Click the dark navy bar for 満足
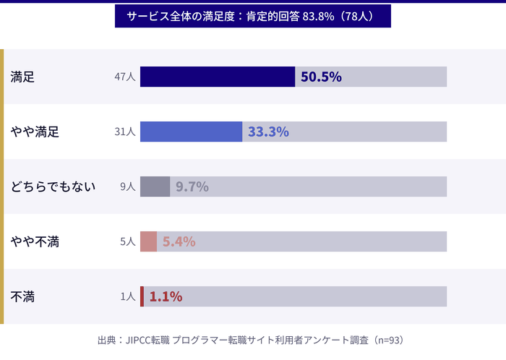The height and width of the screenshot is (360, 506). point(218,77)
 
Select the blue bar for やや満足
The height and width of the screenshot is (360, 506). point(191,132)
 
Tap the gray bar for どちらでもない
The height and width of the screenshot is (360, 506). point(155,187)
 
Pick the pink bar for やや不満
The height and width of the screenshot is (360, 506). point(148,241)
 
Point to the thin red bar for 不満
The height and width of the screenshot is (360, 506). point(142,296)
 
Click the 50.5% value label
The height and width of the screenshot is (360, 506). point(321,77)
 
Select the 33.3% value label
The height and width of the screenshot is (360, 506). point(268,132)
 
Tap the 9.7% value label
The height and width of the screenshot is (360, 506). point(192,187)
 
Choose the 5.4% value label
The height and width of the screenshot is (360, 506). point(179,241)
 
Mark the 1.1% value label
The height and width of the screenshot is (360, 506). point(166,296)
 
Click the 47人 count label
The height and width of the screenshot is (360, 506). point(124,77)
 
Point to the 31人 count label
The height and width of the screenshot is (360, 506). point(124,132)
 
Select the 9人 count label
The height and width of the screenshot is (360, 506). point(127,187)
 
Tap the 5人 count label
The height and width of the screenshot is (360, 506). point(127,241)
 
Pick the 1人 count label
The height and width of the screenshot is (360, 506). point(127,296)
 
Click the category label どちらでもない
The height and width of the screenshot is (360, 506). point(53,187)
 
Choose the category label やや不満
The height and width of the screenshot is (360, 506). point(35,241)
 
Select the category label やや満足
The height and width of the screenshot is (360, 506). point(35,132)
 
